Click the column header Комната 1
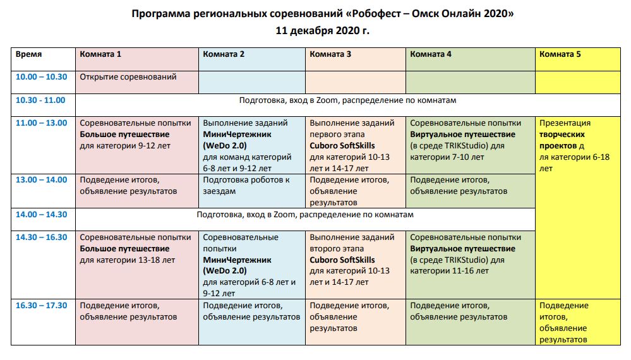coord(100,54)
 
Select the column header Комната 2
coord(224,54)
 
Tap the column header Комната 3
coord(330,54)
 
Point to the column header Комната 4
coord(431,54)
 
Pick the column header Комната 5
coord(560,54)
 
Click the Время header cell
coord(29,54)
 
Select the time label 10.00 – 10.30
coord(41,77)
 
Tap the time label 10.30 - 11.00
coord(41,100)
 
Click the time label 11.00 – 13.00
coord(41,123)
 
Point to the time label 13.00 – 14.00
coord(41,180)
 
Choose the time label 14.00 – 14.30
coord(41,215)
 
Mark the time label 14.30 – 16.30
coord(41,237)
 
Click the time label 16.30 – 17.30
coord(41,306)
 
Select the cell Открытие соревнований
coord(128,77)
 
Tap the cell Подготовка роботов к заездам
coord(246,185)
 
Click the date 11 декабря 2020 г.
coord(322,30)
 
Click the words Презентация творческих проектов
coord(565,135)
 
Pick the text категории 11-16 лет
coord(449,272)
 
